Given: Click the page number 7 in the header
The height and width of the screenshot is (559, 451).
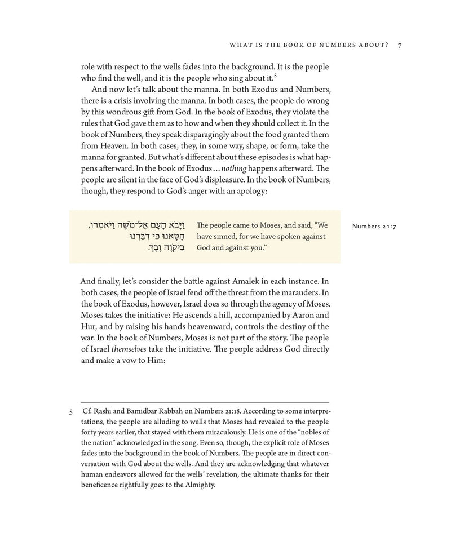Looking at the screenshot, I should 399,45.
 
